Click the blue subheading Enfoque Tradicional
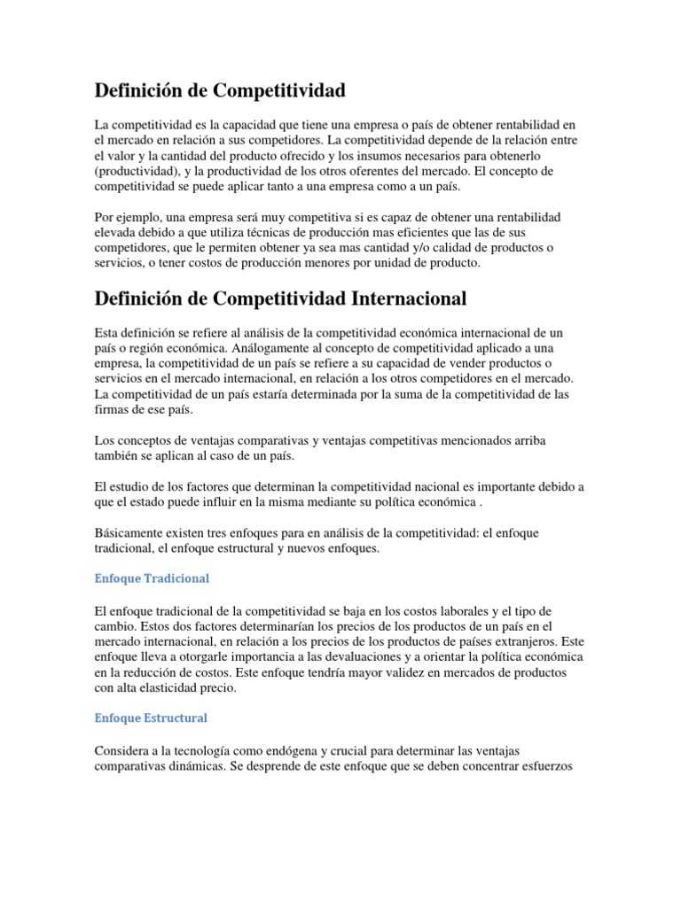pos(152,578)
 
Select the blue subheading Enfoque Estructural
pos(151,717)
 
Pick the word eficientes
pos(397,233)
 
